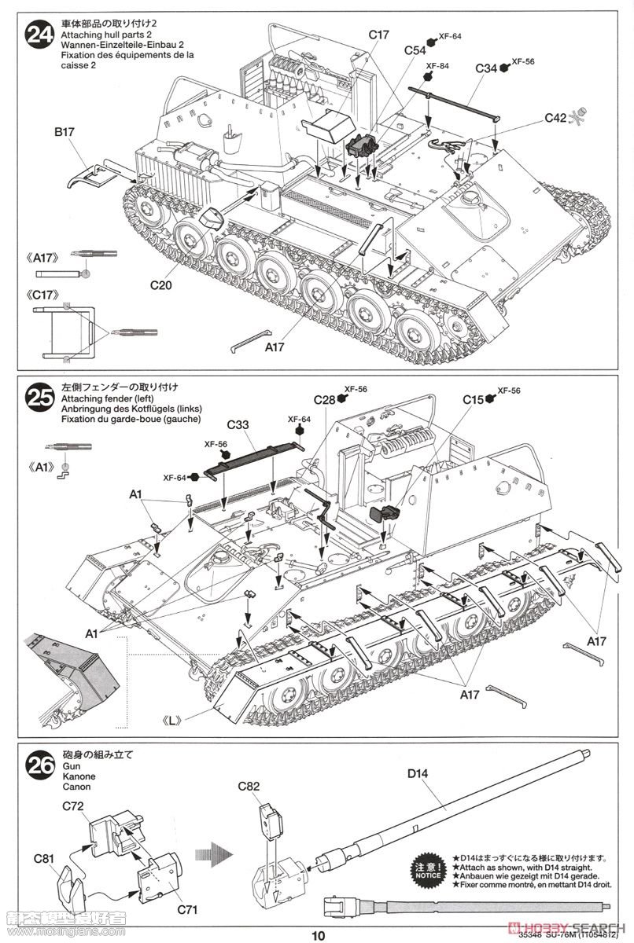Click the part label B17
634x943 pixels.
click(x=65, y=133)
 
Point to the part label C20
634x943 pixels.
click(x=160, y=285)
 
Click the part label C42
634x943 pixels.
click(x=555, y=118)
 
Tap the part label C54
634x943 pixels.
click(x=415, y=50)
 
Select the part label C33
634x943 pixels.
click(x=238, y=425)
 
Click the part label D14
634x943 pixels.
click(x=417, y=774)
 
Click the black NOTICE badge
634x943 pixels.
click(x=429, y=868)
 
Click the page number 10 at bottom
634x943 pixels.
click(x=316, y=935)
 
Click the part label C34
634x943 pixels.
click(x=486, y=68)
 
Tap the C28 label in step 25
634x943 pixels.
click(x=324, y=400)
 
